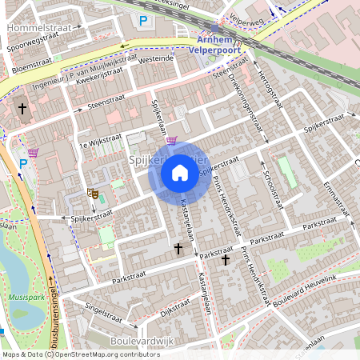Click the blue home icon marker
click(180, 172)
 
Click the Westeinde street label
click(156, 58)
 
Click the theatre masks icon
click(92, 194)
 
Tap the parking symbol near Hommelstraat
click(143, 21)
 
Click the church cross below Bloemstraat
click(22, 107)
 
